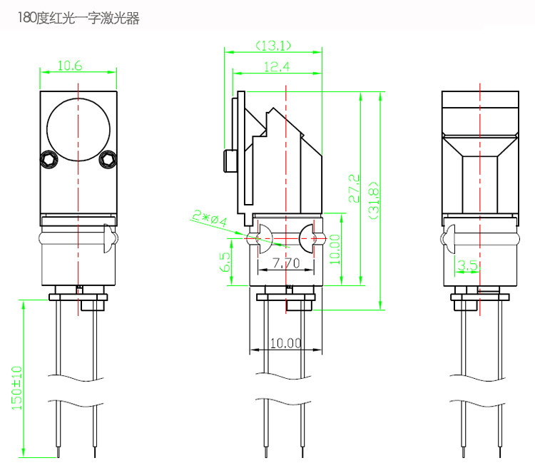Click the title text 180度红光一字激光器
[x=78, y=18]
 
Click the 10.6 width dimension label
[x=70, y=66]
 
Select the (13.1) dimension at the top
[x=273, y=46]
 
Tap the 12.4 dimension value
[x=277, y=66]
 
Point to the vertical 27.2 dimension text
[x=354, y=188]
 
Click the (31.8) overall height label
[x=374, y=200]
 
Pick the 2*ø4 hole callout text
[x=210, y=218]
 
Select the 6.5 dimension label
[x=225, y=262]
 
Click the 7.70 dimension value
[x=286, y=263]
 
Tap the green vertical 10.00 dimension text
[x=335, y=249]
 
